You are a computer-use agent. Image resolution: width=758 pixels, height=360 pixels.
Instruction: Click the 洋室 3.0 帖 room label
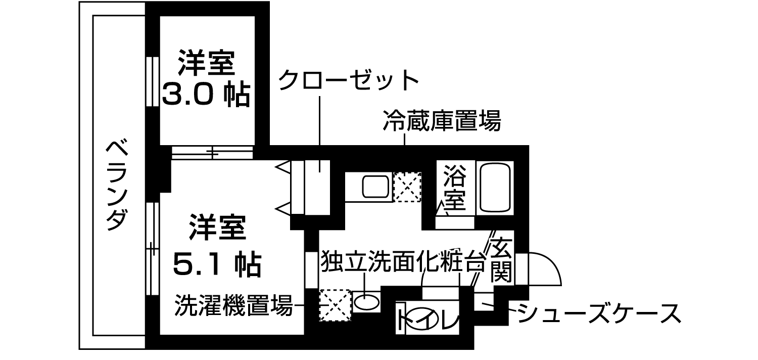pos(206,78)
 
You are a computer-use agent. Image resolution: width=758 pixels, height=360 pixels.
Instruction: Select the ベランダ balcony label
pos(117,185)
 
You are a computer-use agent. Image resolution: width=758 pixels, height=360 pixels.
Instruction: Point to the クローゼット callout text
pos(349,80)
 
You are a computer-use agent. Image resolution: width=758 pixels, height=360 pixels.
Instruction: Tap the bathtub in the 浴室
pos(496,187)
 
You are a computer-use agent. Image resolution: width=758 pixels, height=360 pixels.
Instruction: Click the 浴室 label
pos(454,188)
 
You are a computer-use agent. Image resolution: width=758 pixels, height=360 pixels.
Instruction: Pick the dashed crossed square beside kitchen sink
pos(407,187)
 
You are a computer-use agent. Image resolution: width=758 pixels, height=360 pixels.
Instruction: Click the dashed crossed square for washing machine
pos(335,305)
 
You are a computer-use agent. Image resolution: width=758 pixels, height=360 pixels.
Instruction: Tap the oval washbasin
pos(366,302)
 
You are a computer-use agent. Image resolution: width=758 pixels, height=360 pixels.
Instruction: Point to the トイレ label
pos(428,318)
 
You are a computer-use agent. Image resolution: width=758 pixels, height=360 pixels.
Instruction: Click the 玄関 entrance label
pos(501,261)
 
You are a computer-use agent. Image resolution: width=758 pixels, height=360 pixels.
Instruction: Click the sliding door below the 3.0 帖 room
pos(211,152)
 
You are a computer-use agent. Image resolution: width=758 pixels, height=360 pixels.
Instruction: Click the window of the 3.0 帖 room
pos(150,81)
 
